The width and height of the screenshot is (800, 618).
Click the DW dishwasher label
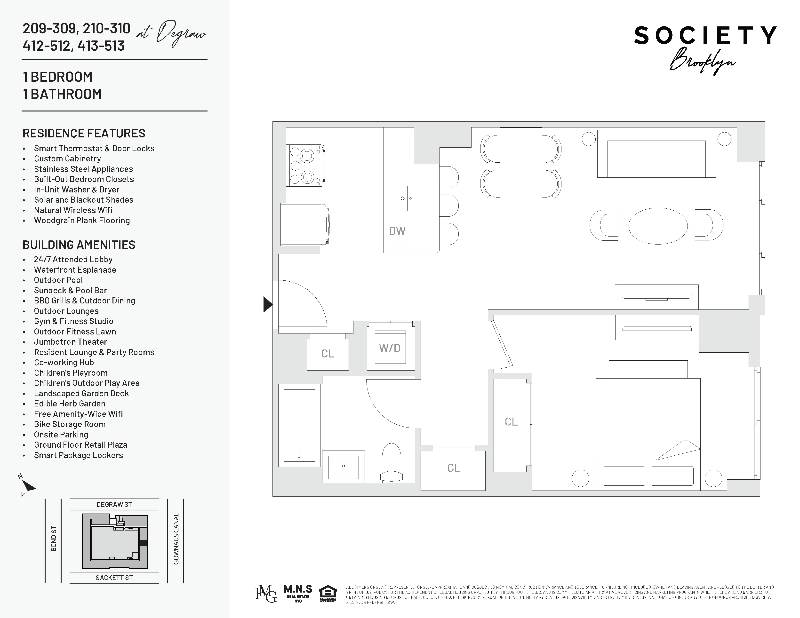pyautogui.click(x=397, y=231)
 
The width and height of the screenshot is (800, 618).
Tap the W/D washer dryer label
pyautogui.click(x=390, y=348)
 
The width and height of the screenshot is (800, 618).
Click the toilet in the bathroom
pyautogui.click(x=391, y=463)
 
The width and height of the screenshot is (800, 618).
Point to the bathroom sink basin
pyautogui.click(x=343, y=466)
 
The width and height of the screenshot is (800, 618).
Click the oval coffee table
pyautogui.click(x=657, y=226)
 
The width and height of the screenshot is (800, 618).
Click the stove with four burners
pyautogui.click(x=304, y=166)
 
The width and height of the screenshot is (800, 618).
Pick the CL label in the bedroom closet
pyautogui.click(x=511, y=422)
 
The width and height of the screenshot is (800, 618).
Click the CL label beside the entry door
pyautogui.click(x=328, y=354)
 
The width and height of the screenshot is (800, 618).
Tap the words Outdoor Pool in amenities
pyautogui.click(x=58, y=280)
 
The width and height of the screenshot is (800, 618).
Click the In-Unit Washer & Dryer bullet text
pyautogui.click(x=77, y=190)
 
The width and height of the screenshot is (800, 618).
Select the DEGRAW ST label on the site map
pyautogui.click(x=114, y=505)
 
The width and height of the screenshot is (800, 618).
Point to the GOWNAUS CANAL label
pyautogui.click(x=176, y=539)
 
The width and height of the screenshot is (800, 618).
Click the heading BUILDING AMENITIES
pyautogui.click(x=79, y=245)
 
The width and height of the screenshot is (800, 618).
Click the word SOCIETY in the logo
pyautogui.click(x=705, y=36)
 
